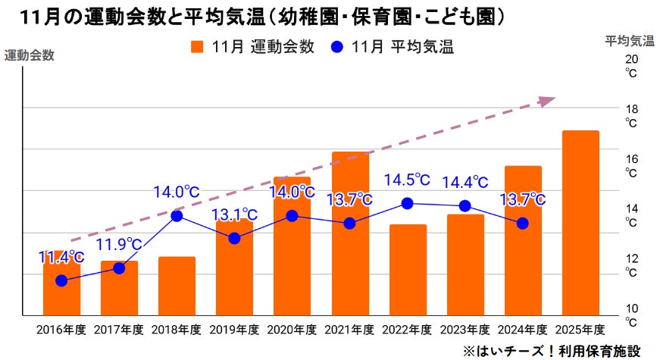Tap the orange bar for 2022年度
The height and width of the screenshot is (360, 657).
click(x=408, y=269)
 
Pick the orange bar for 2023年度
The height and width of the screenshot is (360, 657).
click(x=465, y=264)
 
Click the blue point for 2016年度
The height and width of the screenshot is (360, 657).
click(x=61, y=281)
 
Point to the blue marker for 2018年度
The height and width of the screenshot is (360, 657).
click(x=177, y=216)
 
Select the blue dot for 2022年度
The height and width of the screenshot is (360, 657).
click(x=407, y=203)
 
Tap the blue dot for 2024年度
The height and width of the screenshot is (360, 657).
click(x=522, y=224)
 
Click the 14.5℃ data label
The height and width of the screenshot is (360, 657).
click(x=406, y=180)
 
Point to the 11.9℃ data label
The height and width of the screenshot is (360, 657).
click(x=119, y=244)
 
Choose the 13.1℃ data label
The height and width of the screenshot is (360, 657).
click(x=234, y=214)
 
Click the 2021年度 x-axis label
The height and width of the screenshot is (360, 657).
click(x=349, y=330)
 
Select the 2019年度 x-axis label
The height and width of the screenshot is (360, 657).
click(x=234, y=330)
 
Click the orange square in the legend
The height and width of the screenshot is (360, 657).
click(x=198, y=47)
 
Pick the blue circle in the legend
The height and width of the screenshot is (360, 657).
click(x=338, y=47)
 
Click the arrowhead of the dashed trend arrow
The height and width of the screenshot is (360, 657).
click(x=548, y=101)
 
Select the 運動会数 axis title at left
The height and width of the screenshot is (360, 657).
click(x=30, y=55)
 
